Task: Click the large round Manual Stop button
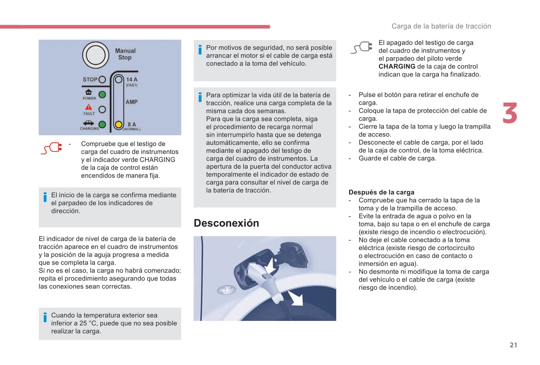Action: pyautogui.click(x=95, y=55)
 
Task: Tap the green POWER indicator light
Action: pyautogui.click(x=102, y=95)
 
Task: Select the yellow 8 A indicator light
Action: pyautogui.click(x=118, y=124)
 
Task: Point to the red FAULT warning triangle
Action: pyautogui.click(x=89, y=107)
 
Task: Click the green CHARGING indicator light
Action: pyautogui.click(x=102, y=124)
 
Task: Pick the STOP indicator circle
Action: pyautogui.click(x=102, y=80)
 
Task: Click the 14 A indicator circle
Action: pyautogui.click(x=118, y=80)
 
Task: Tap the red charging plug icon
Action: pyautogui.click(x=52, y=148)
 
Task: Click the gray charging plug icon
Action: pyautogui.click(x=361, y=47)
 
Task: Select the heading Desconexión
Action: pyautogui.click(x=226, y=223)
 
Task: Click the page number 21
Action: pyautogui.click(x=513, y=345)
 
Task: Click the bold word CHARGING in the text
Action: pyautogui.click(x=396, y=66)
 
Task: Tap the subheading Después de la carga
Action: pyautogui.click(x=381, y=192)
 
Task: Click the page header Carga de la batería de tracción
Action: pyautogui.click(x=441, y=26)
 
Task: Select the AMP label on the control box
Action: pyautogui.click(x=132, y=102)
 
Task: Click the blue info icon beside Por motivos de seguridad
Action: pyautogui.click(x=200, y=50)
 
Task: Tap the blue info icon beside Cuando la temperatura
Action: pyautogui.click(x=45, y=317)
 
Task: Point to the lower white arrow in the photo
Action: pyautogui.click(x=296, y=299)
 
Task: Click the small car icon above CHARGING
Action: pyautogui.click(x=89, y=123)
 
